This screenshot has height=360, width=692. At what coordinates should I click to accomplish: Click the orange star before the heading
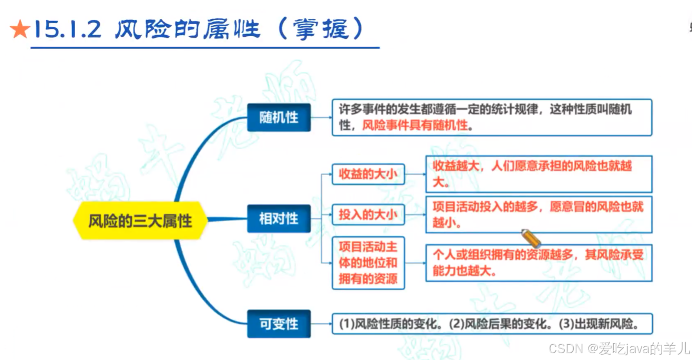click(19, 30)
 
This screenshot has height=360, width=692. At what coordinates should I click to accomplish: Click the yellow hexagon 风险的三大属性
click(140, 220)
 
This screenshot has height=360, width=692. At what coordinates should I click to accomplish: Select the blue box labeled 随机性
click(278, 118)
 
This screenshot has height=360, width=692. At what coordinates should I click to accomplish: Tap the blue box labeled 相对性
click(278, 218)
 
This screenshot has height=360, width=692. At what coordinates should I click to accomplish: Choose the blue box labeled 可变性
click(278, 324)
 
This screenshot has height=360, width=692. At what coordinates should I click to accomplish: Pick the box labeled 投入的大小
click(368, 214)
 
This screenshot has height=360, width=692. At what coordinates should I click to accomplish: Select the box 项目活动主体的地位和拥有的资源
click(368, 263)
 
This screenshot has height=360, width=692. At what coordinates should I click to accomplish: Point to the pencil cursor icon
click(532, 239)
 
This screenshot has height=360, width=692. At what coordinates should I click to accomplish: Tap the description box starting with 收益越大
click(538, 173)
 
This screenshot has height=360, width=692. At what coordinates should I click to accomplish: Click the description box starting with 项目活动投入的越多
click(538, 213)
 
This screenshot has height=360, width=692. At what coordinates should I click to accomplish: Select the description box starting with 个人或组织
click(538, 263)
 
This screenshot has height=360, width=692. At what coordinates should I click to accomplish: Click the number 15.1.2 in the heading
click(67, 30)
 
